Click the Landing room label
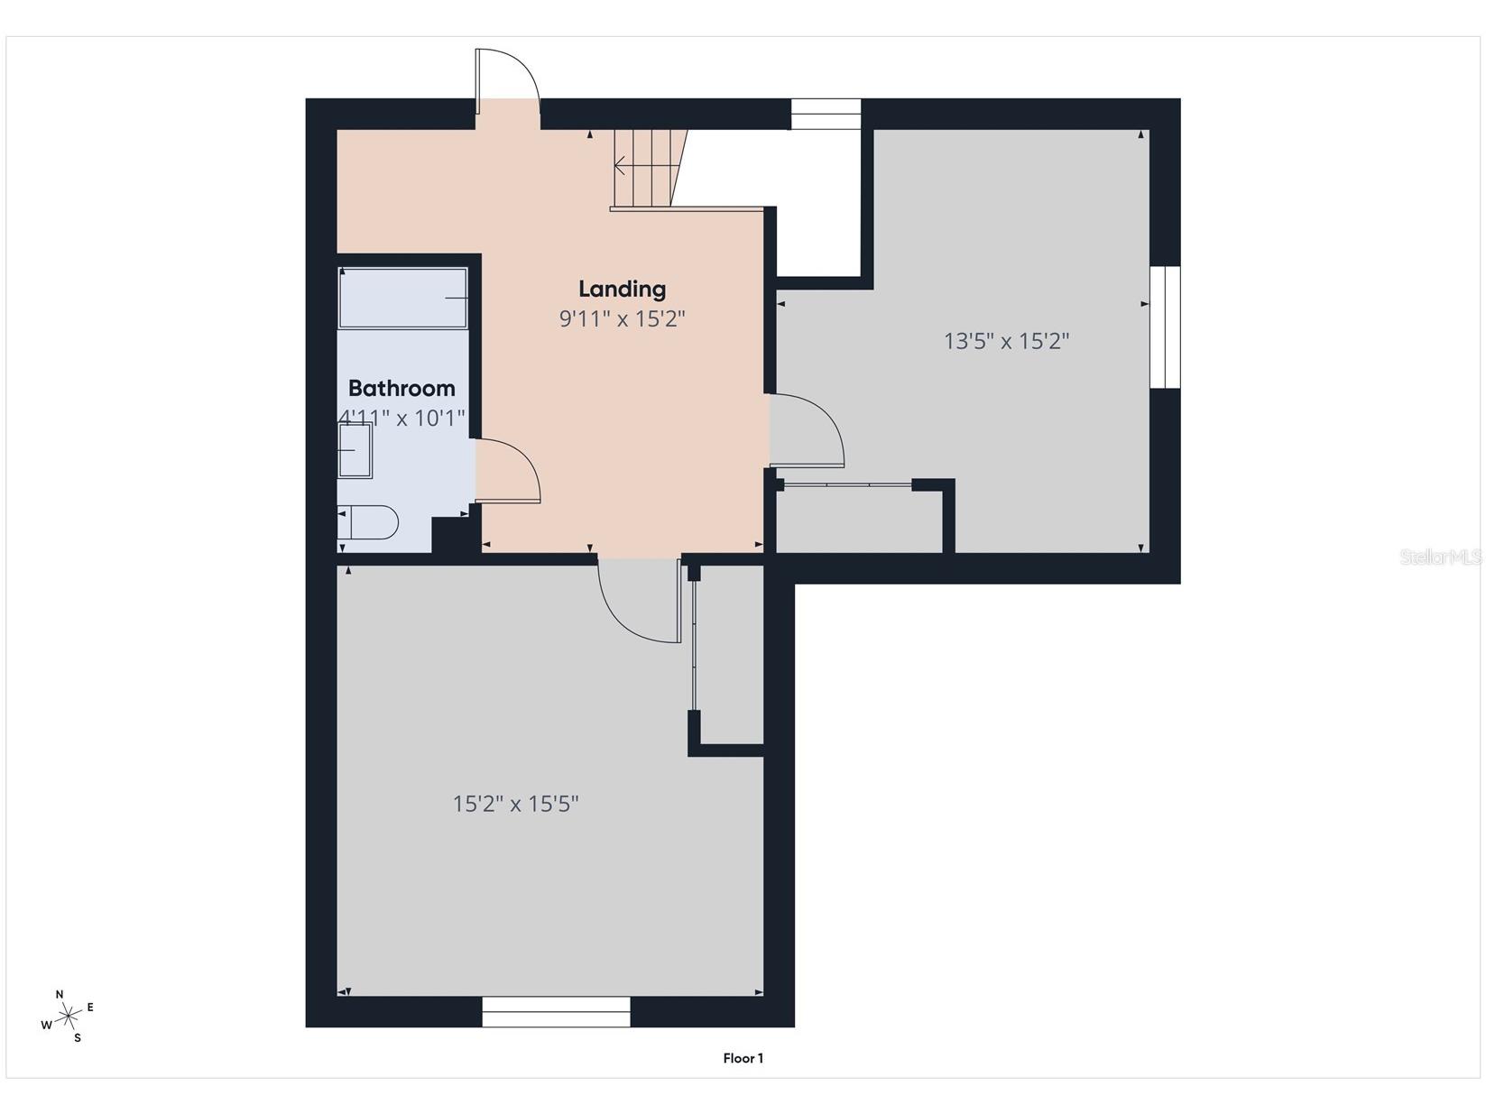622,289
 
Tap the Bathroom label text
401,388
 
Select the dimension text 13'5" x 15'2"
1007,341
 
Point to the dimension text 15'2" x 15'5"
515,804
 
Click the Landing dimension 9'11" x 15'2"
623,318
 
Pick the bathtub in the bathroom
402,298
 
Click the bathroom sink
355,450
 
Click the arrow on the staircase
622,165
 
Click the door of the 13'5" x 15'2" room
806,430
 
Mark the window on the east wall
1165,327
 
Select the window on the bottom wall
556,1011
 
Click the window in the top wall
826,114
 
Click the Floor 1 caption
743,1058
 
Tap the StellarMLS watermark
1441,557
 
